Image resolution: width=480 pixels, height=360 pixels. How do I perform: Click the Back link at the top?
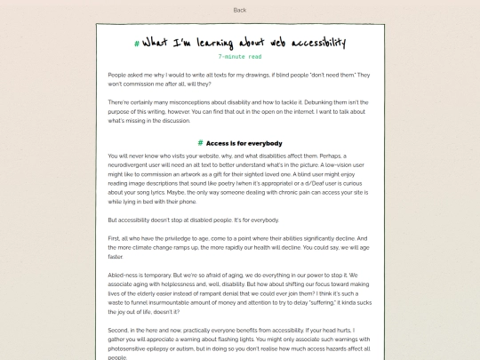tap(239, 10)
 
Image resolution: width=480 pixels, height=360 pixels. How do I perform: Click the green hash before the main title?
tap(136, 43)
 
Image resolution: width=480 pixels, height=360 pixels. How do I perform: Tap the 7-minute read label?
tap(239, 57)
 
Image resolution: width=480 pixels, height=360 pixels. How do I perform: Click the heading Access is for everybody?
tap(244, 142)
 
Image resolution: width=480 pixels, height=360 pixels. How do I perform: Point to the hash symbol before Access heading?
tap(201, 142)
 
